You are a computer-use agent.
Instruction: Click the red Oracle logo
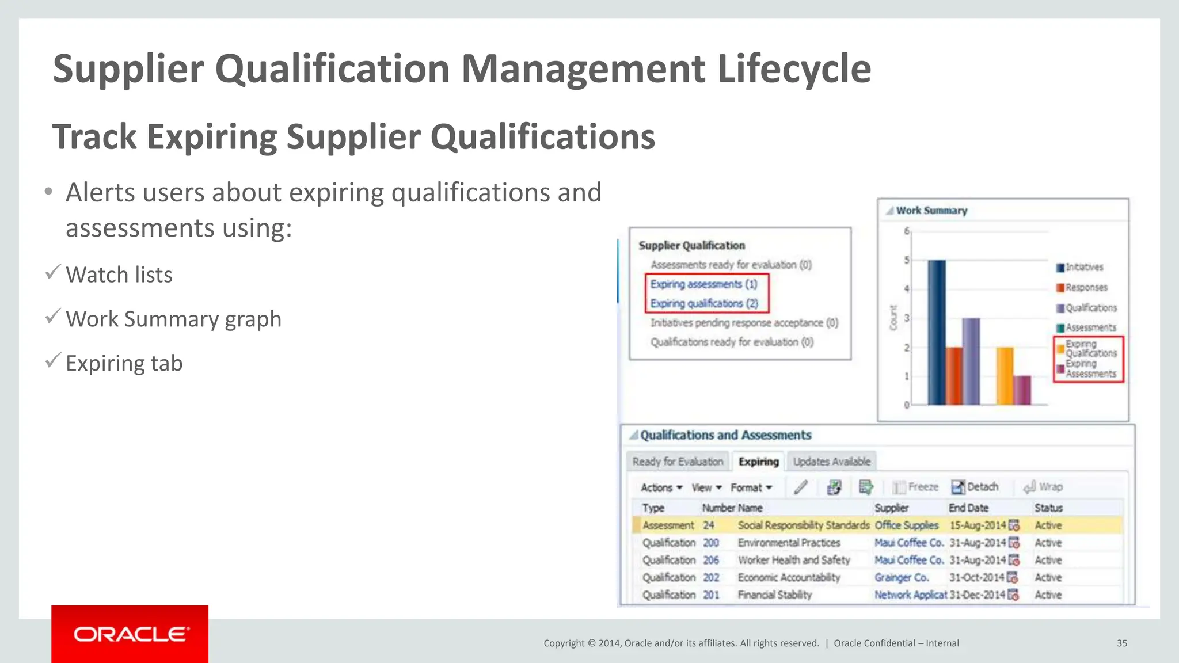click(130, 634)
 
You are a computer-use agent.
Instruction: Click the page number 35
click(1121, 643)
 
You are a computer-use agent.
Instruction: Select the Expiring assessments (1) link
click(703, 284)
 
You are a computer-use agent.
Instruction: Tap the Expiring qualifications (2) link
click(704, 303)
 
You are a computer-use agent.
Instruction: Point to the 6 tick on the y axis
click(907, 231)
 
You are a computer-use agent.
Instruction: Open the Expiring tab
click(758, 462)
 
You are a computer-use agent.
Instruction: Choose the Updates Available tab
click(831, 462)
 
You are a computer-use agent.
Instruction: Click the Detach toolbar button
click(975, 487)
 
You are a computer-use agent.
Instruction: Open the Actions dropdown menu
click(661, 487)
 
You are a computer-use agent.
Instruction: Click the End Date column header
click(968, 508)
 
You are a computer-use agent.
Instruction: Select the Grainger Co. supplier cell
click(902, 577)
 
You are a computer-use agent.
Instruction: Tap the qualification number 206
click(711, 560)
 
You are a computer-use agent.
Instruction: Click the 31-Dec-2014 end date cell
click(977, 595)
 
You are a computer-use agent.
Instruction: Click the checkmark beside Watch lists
click(53, 272)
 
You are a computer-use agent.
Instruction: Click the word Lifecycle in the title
click(794, 68)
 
